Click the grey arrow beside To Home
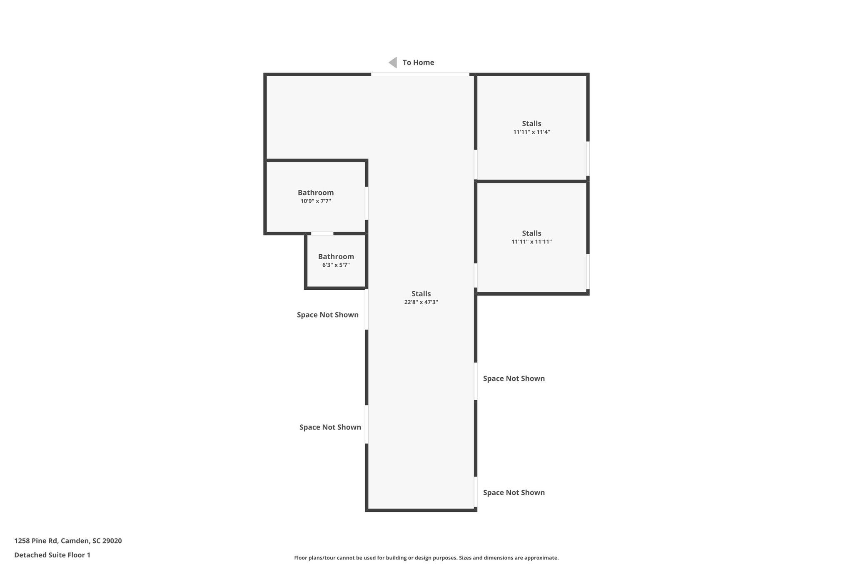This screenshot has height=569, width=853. coord(393,63)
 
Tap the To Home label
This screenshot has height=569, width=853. coord(418,63)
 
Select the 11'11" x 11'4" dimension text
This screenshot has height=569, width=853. coord(531,132)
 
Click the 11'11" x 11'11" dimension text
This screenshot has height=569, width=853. coord(531,242)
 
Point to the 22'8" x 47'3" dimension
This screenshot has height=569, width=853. coord(421,302)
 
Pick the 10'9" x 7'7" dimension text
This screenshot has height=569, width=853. coord(316,201)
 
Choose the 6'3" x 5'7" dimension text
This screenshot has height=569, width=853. coord(336,265)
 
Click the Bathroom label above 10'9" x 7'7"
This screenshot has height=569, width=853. coord(316,193)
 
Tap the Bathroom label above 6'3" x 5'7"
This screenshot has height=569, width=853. coord(336,256)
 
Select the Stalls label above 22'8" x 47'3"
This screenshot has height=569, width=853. coord(421,293)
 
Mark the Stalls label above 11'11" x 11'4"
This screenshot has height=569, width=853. coord(531,123)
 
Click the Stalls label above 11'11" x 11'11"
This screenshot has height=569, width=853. coord(531,233)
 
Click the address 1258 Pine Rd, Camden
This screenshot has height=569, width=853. coord(68,541)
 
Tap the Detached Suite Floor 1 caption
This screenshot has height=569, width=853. coord(52,555)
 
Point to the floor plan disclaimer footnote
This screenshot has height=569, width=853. coord(426,558)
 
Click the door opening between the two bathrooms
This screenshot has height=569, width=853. coord(322,233)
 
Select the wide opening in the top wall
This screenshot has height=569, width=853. coord(420,75)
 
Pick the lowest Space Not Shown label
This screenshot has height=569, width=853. coord(514,492)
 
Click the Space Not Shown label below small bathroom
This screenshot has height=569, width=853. coord(327,315)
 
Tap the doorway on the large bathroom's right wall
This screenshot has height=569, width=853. coord(367,203)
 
